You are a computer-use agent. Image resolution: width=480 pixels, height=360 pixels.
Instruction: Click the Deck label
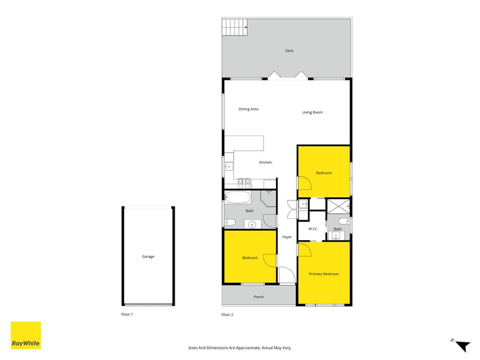coord(289,51)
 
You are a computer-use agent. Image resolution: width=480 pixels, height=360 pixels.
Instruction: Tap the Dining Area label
coord(248,109)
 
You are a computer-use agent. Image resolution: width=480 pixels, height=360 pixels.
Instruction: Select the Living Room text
coord(312,112)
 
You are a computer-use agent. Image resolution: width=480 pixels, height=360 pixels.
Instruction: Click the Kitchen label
coord(265,163)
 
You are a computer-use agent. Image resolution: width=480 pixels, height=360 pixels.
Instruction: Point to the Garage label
coord(148,257)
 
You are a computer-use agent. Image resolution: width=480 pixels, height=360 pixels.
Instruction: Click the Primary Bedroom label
coord(324,274)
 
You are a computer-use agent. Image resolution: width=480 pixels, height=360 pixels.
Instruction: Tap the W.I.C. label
coord(313,229)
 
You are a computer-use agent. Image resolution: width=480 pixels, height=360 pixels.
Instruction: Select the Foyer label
coord(287,237)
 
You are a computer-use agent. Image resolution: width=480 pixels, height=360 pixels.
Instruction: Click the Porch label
coord(259,297)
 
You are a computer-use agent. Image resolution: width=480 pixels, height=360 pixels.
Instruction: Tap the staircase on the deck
coord(235,26)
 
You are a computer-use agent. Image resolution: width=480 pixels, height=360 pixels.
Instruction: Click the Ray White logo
coord(26,335)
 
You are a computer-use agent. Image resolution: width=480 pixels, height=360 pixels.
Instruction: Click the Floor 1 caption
coord(127,314)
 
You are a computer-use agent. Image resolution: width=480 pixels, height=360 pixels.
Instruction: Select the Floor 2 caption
coord(227,314)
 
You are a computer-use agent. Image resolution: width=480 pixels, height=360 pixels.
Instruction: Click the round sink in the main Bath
coord(252,225)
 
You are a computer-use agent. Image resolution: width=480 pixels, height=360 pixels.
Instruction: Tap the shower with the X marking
coord(338,206)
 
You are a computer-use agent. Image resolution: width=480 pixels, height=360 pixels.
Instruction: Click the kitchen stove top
coord(244,181)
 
